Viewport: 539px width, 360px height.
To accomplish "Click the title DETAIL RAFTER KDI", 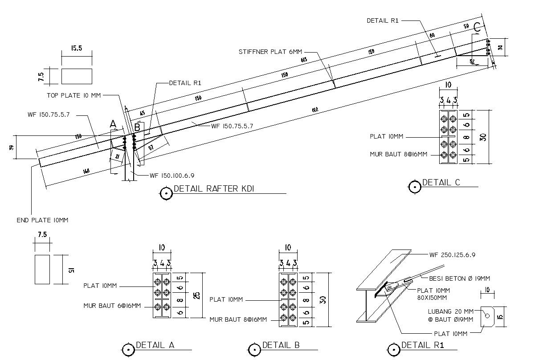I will [214, 189].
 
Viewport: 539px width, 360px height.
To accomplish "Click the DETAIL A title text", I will [155, 345].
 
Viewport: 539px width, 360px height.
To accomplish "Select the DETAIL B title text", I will [281, 345].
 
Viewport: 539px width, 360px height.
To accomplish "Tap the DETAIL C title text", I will [441, 183].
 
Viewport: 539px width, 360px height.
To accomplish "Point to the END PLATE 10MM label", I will [42, 220].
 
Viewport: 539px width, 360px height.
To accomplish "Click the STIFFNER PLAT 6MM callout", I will [270, 52].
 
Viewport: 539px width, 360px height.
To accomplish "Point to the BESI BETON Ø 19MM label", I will [459, 278].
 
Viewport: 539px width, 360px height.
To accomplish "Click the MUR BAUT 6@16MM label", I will [112, 306].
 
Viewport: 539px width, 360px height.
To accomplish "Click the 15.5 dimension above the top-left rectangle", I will [77, 49].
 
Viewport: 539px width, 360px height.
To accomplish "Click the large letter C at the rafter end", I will [477, 27].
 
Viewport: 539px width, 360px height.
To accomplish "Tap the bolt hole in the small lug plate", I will [487, 316].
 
